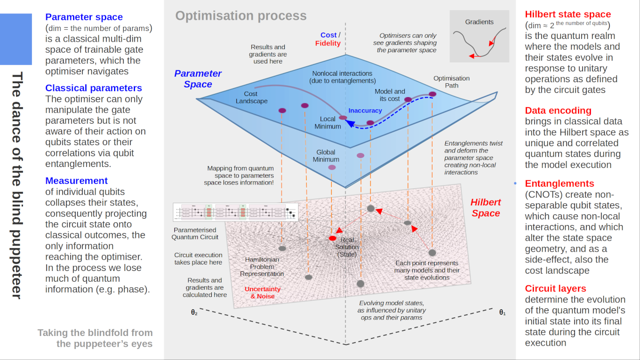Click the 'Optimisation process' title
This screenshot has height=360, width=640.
click(x=241, y=16)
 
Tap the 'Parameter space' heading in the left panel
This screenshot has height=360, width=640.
click(x=84, y=17)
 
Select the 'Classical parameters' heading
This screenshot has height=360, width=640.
click(x=93, y=88)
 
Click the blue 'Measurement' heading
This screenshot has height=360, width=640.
click(x=76, y=181)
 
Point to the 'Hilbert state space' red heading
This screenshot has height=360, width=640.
click(x=568, y=14)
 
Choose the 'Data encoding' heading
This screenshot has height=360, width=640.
click(x=558, y=110)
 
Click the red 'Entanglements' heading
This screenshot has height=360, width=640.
click(x=559, y=183)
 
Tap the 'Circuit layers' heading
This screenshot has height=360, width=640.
click(x=555, y=289)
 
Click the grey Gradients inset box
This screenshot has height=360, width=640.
click(x=479, y=36)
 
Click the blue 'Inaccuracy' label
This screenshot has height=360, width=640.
click(x=365, y=110)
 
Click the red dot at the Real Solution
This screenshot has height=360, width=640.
click(x=333, y=238)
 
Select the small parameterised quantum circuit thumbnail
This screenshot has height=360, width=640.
click(x=235, y=212)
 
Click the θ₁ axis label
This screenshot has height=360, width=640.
click(x=502, y=313)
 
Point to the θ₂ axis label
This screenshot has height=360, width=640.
click(x=194, y=313)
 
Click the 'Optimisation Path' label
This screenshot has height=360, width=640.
click(x=451, y=82)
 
